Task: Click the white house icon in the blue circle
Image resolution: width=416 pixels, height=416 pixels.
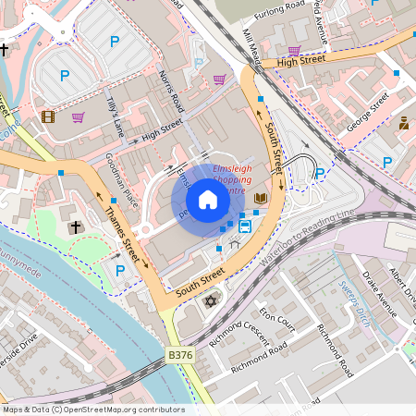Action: pyautogui.click(x=207, y=200)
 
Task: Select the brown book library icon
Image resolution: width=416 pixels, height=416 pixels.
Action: pyautogui.click(x=261, y=198)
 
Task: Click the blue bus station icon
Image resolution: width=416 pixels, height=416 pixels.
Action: pyautogui.click(x=246, y=225)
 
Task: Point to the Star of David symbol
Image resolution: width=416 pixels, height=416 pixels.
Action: pyautogui.click(x=210, y=302)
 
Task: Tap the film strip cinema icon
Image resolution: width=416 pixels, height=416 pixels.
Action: pyautogui.click(x=48, y=116)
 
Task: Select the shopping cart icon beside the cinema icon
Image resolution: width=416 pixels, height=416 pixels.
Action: pyautogui.click(x=78, y=117)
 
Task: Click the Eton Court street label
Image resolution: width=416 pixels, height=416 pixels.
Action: pyautogui.click(x=276, y=319)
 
